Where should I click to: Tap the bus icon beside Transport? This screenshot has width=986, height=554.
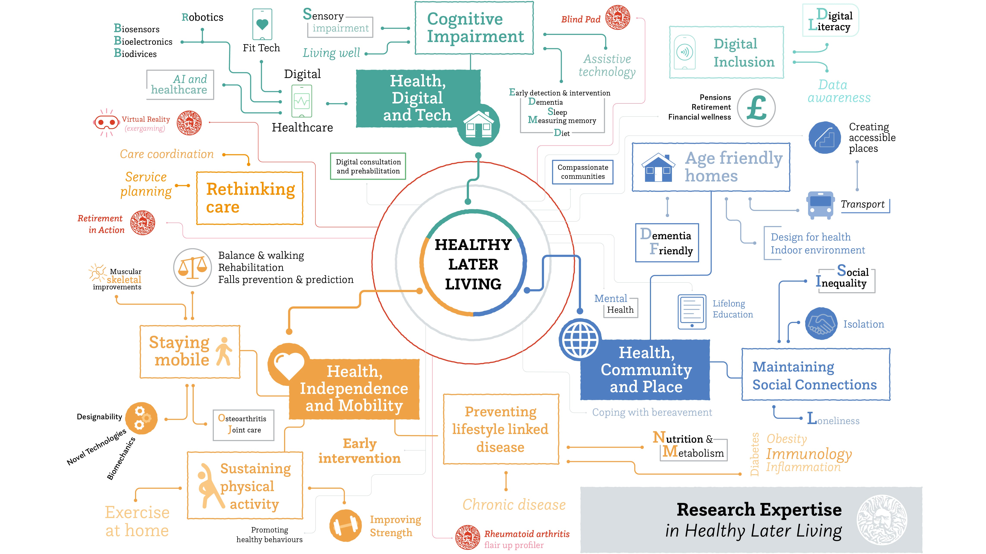point(820,205)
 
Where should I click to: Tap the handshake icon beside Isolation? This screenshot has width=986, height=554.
point(821,323)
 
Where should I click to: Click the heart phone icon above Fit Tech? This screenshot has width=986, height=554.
point(262,25)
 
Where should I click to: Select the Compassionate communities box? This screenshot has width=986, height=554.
point(583,172)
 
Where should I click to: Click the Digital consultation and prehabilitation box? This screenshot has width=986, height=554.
point(368,166)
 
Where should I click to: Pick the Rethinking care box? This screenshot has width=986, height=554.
point(250,198)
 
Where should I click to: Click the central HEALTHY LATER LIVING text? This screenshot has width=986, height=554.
point(473,264)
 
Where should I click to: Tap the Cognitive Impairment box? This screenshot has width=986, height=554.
point(474,28)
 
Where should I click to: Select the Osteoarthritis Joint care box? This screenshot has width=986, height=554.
point(244,424)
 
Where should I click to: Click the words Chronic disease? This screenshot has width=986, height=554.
point(514,505)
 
